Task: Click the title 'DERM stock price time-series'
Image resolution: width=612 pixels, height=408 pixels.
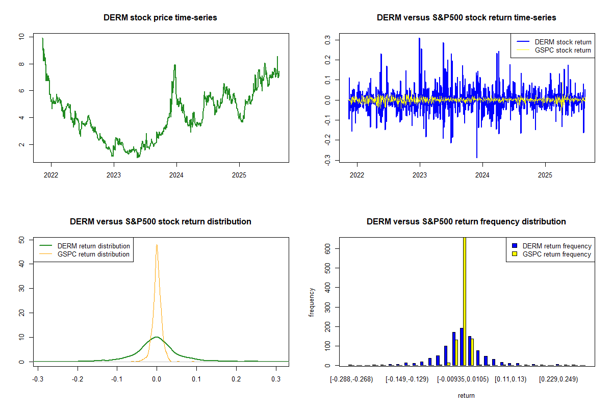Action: pyautogui.click(x=160, y=18)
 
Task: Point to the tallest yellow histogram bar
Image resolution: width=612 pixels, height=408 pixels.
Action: pyautogui.click(x=464, y=301)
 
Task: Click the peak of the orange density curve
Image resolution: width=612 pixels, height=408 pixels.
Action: pyautogui.click(x=157, y=245)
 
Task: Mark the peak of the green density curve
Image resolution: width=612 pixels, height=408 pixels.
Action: pyautogui.click(x=157, y=337)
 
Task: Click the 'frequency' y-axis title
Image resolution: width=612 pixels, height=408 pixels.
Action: pyautogui.click(x=312, y=302)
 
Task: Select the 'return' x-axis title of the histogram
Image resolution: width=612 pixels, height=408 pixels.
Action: pyautogui.click(x=466, y=395)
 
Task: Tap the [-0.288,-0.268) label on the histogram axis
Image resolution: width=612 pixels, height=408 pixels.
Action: pyautogui.click(x=351, y=379)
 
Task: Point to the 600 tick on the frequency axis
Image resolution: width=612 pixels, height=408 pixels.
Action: pyautogui.click(x=328, y=248)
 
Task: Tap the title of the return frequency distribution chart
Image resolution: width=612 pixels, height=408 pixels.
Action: pyautogui.click(x=466, y=222)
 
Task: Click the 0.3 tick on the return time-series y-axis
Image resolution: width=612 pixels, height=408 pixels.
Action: pyautogui.click(x=328, y=39)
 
